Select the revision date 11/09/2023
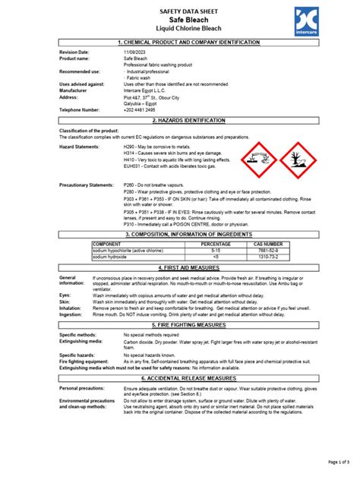[135, 52]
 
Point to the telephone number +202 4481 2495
[144, 109]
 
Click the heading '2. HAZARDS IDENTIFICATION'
[179, 121]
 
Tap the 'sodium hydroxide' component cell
[112, 257]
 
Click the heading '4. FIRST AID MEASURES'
[179, 268]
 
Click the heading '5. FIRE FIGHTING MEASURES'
[179, 324]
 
